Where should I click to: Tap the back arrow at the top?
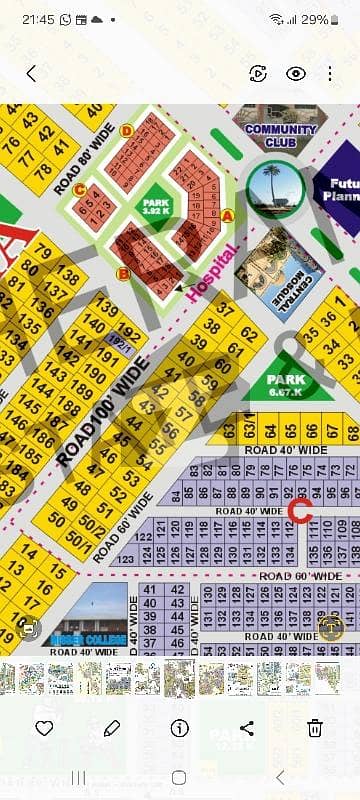point(31,73)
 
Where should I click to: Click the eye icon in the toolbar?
point(295,73)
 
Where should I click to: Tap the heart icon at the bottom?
point(44,727)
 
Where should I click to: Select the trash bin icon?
point(315,727)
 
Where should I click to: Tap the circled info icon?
point(180,727)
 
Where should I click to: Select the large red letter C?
point(299,509)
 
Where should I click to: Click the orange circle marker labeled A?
point(228,215)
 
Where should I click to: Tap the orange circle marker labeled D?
point(126,131)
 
